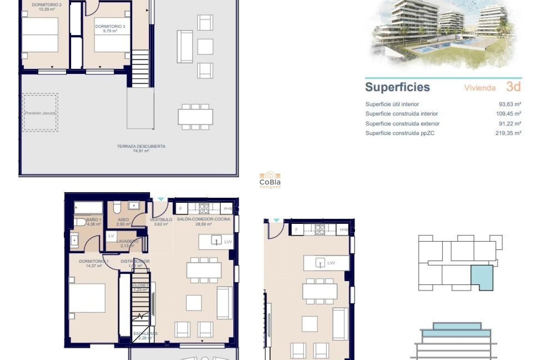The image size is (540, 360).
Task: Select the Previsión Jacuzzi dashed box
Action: pos(40,112)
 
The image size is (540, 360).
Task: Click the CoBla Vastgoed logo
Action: pos(270,180)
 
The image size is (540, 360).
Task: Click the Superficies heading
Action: pos(397,87)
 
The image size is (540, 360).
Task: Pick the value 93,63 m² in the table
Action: pos(510,104)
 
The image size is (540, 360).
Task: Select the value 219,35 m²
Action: pos(508,133)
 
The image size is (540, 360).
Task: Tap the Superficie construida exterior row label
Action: pos(402,124)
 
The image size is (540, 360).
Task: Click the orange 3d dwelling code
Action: pos(513,87)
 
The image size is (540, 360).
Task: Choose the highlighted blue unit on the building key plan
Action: pos(482,277)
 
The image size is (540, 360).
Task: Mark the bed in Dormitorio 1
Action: pos(87,298)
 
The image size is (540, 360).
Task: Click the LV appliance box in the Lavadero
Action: pos(111,236)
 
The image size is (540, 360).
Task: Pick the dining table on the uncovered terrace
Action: pos(195,117)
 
